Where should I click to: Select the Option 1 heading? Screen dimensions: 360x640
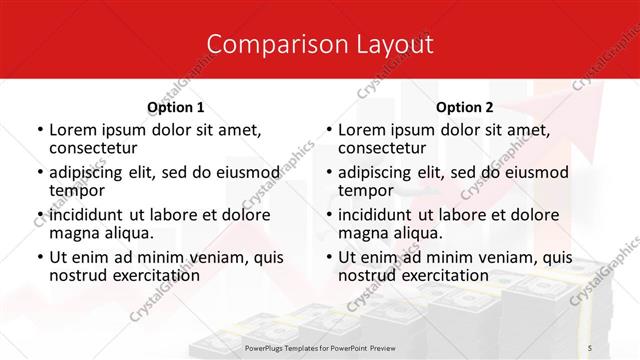175,107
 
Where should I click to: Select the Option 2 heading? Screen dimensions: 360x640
465,107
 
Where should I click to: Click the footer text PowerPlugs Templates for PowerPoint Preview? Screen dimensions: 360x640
320,347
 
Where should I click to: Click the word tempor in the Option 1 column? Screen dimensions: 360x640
75,189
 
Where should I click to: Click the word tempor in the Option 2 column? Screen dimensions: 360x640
364,189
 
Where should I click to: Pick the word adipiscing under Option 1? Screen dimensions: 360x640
90,172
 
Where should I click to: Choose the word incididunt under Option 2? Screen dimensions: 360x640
381,215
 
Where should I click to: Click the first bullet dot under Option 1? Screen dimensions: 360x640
39,130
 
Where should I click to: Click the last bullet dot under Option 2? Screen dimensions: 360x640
328,258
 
